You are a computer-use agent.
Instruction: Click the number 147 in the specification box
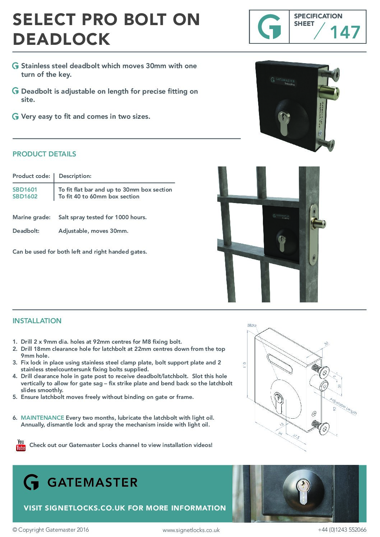pyautogui.click(x=345, y=32)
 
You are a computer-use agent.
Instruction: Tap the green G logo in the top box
pyautogui.click(x=269, y=27)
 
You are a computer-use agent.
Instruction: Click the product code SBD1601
pyautogui.click(x=25, y=189)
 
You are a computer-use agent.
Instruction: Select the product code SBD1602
pyautogui.click(x=25, y=197)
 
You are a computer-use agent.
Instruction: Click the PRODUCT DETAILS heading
pyautogui.click(x=44, y=154)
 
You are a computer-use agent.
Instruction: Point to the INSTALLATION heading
pyautogui.click(x=37, y=321)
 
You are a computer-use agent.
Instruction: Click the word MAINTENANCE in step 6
pyautogui.click(x=42, y=418)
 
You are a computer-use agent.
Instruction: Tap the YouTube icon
pyautogui.click(x=21, y=445)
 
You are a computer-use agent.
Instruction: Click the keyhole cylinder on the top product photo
pyautogui.click(x=284, y=123)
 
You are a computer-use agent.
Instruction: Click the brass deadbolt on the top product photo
pyautogui.click(x=328, y=93)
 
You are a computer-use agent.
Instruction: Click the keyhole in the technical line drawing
pyautogui.click(x=278, y=400)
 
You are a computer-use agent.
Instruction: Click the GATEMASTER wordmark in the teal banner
pyautogui.click(x=92, y=482)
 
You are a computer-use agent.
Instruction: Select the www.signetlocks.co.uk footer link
pyautogui.click(x=191, y=530)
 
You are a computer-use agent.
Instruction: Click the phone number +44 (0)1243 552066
pyautogui.click(x=342, y=529)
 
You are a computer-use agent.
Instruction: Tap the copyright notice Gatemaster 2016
pyautogui.click(x=51, y=529)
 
